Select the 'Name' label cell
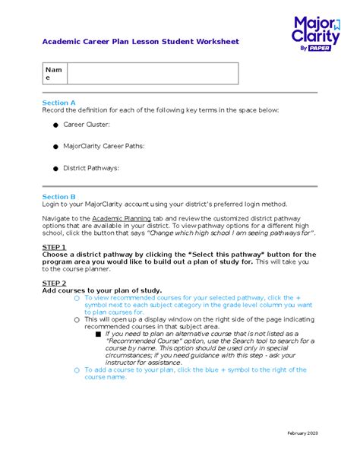(x=55, y=73)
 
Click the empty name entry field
(x=153, y=73)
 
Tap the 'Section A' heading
(x=58, y=102)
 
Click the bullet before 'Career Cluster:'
(x=55, y=124)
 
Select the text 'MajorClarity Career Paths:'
(x=103, y=146)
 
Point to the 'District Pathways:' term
(x=90, y=168)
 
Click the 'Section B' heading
(x=58, y=196)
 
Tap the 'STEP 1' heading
(x=54, y=247)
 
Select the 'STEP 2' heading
(x=54, y=283)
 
